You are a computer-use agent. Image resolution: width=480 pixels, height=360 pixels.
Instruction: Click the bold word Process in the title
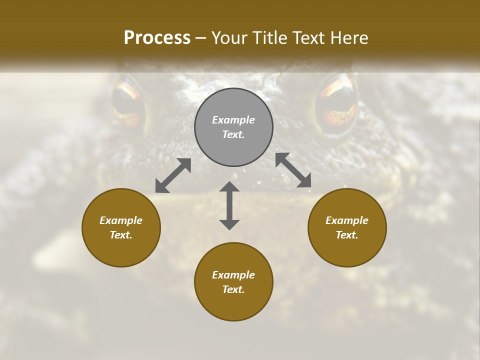pos(157,38)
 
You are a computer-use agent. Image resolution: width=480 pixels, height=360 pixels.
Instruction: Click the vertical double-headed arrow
pos(229,205)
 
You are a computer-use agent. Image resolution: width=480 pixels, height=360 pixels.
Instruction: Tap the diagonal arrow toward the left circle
pos(173,175)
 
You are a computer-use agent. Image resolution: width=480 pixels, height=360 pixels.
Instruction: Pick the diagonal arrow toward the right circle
pos(293,170)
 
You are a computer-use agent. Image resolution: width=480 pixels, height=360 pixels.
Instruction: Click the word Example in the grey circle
pos(233,120)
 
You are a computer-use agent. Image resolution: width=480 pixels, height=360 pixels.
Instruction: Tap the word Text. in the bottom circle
pos(233,289)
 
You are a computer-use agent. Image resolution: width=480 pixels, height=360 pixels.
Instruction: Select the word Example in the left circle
pos(121,220)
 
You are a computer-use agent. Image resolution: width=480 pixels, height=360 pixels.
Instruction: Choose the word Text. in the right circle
pos(347,235)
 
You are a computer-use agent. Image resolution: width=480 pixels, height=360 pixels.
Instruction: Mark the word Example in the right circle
pos(347,220)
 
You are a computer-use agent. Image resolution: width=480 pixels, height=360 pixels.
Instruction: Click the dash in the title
pos(200,38)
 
